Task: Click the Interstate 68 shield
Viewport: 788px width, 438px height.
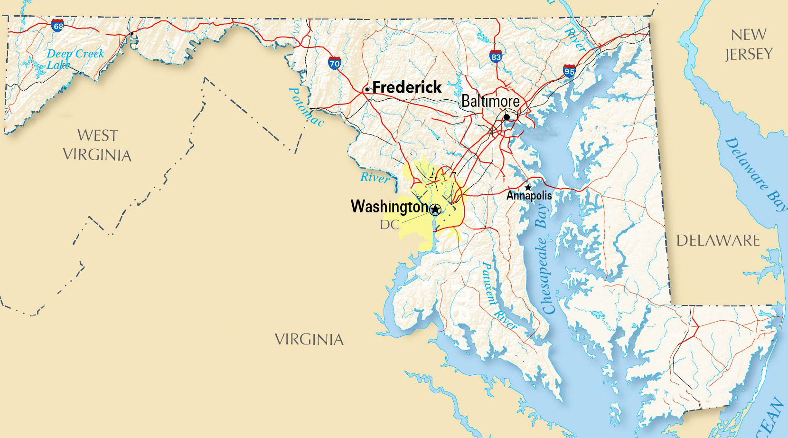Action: [57, 26]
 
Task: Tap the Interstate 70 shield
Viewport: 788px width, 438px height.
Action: [334, 63]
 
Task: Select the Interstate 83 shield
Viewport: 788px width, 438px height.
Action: [496, 57]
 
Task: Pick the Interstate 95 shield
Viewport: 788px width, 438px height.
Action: [569, 71]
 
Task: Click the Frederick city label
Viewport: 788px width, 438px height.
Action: [407, 87]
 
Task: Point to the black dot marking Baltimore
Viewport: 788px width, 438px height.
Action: [507, 117]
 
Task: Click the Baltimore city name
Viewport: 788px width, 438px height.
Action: [490, 101]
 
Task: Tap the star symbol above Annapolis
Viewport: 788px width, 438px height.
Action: [528, 187]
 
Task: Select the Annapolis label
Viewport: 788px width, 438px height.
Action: [529, 195]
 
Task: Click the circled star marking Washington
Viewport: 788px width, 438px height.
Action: [435, 209]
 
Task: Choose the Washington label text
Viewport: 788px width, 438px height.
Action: [389, 207]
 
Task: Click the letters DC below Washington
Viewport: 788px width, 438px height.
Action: [389, 225]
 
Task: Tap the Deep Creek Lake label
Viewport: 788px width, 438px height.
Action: [75, 59]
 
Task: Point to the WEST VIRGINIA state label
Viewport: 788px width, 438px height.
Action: [97, 145]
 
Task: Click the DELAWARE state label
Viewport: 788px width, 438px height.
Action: [718, 240]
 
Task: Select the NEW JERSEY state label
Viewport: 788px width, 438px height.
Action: [749, 44]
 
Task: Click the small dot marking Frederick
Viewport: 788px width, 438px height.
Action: [367, 89]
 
